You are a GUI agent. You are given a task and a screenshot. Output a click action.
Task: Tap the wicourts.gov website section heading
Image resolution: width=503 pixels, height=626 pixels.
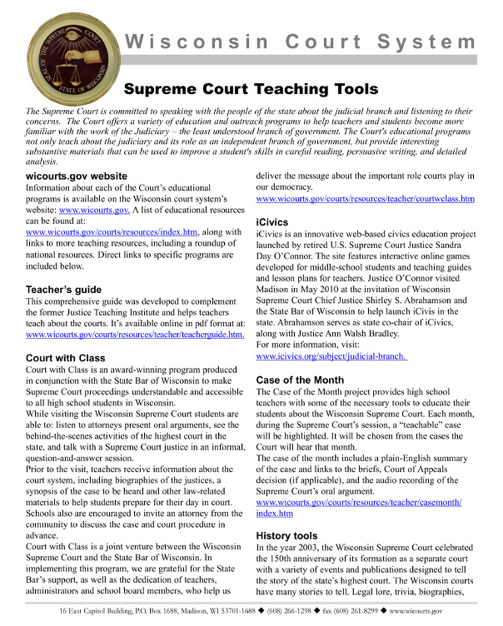pyautogui.click(x=77, y=176)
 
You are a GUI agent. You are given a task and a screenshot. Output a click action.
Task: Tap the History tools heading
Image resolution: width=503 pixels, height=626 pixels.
pyautogui.click(x=295, y=536)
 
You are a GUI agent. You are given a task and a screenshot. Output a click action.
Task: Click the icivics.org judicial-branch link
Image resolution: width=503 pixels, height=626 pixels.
pyautogui.click(x=331, y=356)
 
